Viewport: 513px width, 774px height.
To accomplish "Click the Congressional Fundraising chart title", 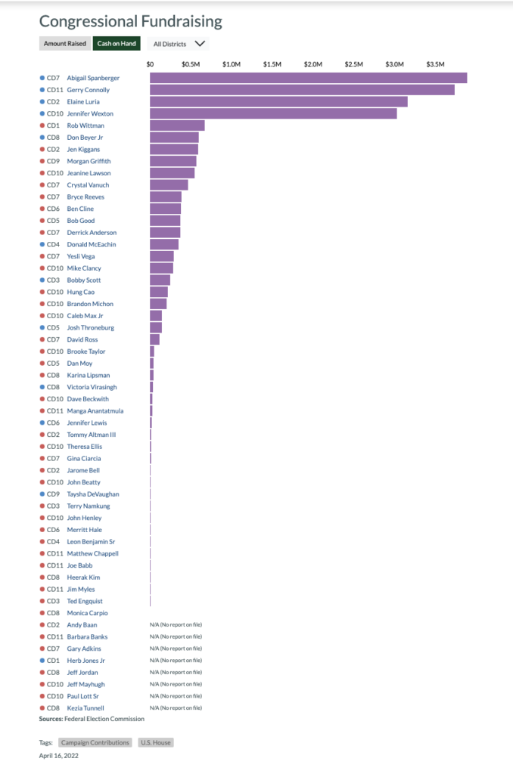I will (131, 21).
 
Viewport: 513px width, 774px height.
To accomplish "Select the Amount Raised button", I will (64, 44).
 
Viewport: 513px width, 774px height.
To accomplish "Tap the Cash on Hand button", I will (117, 44).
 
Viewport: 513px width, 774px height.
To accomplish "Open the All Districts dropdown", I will (179, 44).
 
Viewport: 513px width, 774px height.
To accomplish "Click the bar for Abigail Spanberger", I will (308, 78).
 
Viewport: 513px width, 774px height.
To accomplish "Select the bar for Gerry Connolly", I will (302, 90).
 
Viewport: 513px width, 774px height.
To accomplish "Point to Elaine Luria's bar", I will (278, 101).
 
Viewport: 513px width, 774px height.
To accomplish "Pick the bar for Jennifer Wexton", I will (273, 113).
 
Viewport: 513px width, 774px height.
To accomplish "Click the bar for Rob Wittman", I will (177, 125).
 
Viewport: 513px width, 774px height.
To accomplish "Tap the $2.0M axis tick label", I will (312, 64).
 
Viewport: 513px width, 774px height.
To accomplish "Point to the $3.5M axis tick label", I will (435, 64).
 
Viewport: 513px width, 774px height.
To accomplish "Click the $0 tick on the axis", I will (150, 64).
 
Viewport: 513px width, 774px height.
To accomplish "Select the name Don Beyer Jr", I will (85, 138).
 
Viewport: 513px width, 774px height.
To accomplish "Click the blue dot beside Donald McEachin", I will (42, 244).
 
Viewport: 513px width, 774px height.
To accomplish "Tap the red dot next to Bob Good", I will (42, 221).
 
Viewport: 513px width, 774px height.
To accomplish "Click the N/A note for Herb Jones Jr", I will (176, 661).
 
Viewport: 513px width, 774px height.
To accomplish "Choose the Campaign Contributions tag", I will (95, 742).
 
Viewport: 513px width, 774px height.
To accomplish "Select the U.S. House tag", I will (155, 742).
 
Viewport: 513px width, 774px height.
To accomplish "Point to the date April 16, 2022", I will (59, 755).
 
